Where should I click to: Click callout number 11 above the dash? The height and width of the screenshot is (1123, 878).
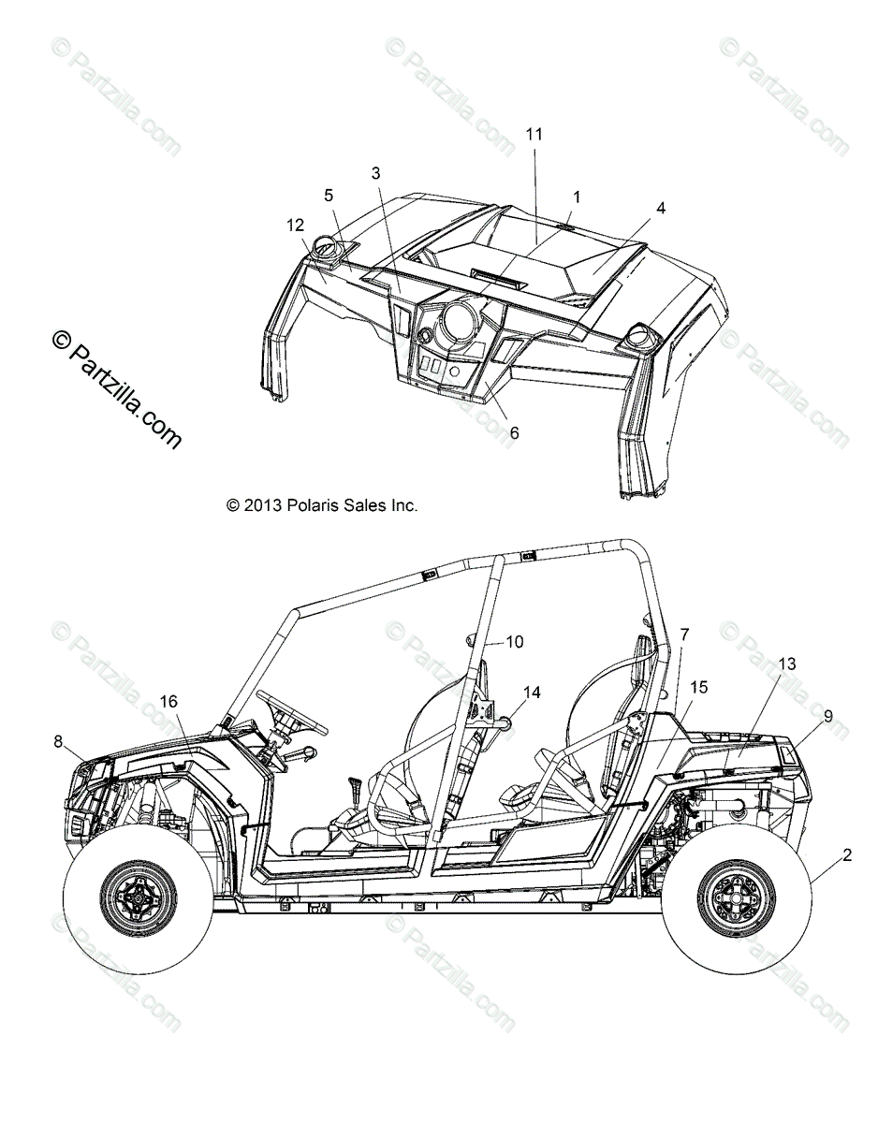pos(534,135)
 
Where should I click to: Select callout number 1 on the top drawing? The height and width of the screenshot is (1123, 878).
pos(577,197)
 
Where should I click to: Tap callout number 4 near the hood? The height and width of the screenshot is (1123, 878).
pos(662,209)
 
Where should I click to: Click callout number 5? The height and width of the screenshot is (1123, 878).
pos(329,195)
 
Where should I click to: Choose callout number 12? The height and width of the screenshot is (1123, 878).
pos(296,225)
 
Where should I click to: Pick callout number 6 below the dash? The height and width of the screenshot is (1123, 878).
pos(514,433)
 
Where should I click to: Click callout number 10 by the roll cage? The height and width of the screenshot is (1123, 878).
pos(515,642)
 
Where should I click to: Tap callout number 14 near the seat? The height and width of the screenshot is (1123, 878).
pos(532,693)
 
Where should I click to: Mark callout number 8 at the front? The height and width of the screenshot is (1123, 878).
pos(58,742)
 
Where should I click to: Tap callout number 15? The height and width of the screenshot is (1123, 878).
pos(699,688)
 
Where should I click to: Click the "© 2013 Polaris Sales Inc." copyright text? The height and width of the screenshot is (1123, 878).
pos(322,505)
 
